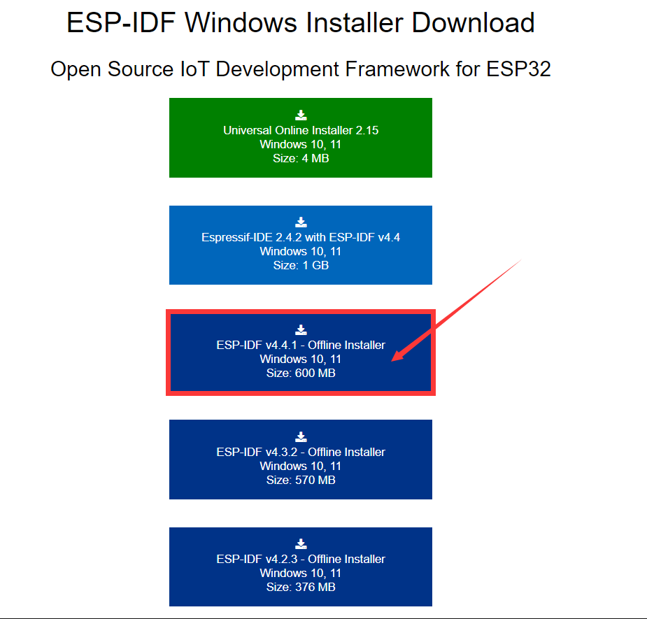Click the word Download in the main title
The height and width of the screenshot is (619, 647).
coord(473,22)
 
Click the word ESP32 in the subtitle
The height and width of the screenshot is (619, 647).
coord(518,69)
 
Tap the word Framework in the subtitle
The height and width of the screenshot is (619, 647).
coord(397,69)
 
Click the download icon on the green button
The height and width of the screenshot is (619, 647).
coord(301,115)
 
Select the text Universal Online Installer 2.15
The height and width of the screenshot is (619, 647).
coord(301,130)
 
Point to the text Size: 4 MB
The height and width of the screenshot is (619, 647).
coord(301,159)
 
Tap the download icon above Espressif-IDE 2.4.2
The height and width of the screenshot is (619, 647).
coord(301,222)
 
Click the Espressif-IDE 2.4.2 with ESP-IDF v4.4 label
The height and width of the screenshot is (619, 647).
coord(301,237)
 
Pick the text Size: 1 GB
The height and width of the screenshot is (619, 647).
coord(301,265)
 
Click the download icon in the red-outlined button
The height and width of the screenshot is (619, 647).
coord(301,329)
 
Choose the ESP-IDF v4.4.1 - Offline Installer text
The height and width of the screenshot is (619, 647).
coord(301,345)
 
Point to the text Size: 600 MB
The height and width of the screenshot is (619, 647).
coord(301,373)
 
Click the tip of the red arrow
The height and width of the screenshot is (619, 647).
coord(392,361)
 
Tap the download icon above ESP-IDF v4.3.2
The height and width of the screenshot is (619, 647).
coord(301,436)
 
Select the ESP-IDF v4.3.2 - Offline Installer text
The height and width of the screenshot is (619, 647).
coord(301,452)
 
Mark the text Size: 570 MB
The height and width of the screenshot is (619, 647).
coord(301,480)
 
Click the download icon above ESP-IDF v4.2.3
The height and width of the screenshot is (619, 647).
coord(301,544)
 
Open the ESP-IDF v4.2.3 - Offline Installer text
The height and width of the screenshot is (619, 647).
coord(301,559)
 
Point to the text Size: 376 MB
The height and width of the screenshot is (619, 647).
coord(301,588)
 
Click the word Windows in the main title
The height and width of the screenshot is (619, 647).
coord(241,22)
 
